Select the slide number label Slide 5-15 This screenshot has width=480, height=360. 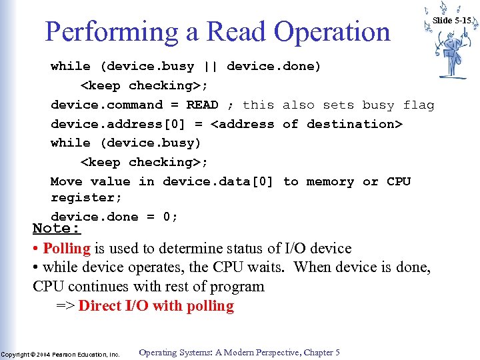pyautogui.click(x=451, y=21)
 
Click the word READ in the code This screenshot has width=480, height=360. pyautogui.click(x=202, y=105)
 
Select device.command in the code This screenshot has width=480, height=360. pyautogui.click(x=107, y=105)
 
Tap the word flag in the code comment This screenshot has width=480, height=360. pyautogui.click(x=419, y=105)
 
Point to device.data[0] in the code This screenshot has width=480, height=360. pyautogui.click(x=218, y=181)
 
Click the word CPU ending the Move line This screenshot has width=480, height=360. pyautogui.click(x=399, y=181)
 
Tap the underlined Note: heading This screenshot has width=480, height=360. pyautogui.click(x=57, y=229)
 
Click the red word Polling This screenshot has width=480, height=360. pyautogui.click(x=67, y=249)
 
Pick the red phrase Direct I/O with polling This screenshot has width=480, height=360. pyautogui.click(x=156, y=306)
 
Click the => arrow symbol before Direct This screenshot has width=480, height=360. pyautogui.click(x=65, y=306)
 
